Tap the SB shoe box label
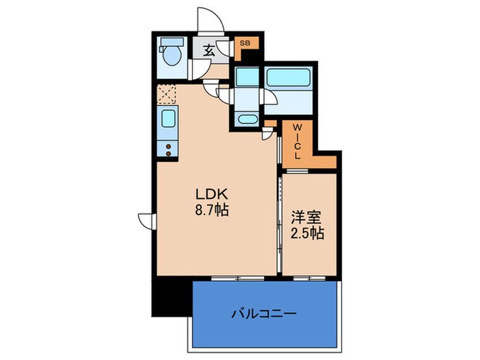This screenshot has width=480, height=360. point(245,44)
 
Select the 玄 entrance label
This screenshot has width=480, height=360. point(209,49)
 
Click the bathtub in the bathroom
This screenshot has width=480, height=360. point(287,77)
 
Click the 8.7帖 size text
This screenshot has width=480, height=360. point(210,211)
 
